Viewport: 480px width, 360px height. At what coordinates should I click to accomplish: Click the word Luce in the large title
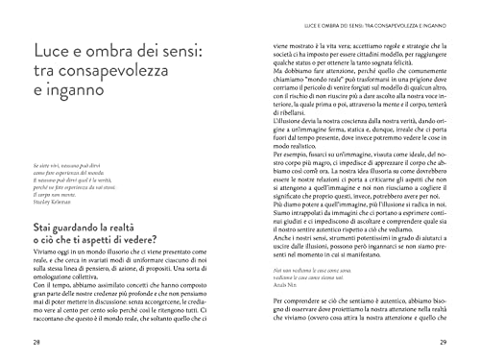click(49, 50)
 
